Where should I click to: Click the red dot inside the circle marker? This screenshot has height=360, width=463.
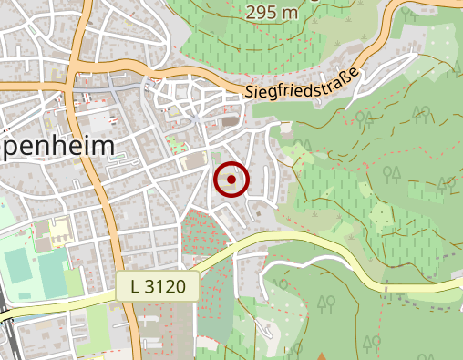[x=231, y=180]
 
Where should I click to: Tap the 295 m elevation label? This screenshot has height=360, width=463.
[x=272, y=12]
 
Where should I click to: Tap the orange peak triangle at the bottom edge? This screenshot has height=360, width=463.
[x=321, y=356]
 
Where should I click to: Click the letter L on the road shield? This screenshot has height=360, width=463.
[x=136, y=287]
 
